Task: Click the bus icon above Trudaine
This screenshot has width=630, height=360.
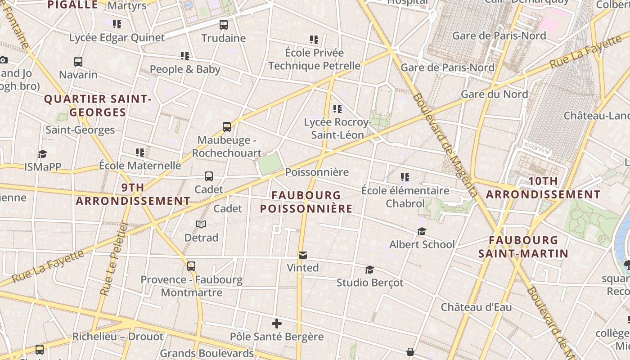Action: point(224,25)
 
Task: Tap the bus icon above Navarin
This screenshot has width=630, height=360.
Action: point(78,61)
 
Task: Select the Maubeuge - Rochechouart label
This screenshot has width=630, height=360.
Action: point(226,147)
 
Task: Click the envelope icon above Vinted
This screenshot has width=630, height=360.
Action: point(303,255)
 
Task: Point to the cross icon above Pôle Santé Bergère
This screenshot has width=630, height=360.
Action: point(277,324)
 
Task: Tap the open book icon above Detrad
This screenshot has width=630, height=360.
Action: point(201,224)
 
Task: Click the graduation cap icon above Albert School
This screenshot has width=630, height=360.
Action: point(422,231)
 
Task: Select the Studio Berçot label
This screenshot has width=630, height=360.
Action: point(370,283)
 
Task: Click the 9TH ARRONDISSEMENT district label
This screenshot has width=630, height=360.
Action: point(133,194)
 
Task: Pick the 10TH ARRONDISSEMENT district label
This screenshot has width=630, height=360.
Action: point(543,188)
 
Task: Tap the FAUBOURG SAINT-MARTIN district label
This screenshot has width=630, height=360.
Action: point(523,247)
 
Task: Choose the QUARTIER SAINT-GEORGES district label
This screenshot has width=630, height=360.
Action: point(97,105)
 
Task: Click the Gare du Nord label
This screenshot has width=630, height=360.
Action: point(494,94)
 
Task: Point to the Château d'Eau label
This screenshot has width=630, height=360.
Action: point(476,307)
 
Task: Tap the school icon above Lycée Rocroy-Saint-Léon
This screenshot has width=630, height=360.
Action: point(337,109)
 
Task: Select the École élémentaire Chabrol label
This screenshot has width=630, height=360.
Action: point(405,197)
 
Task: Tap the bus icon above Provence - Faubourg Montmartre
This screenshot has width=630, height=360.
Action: point(191,266)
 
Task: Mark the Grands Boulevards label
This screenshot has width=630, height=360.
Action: point(207,353)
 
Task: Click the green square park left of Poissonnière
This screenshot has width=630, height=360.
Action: point(270,163)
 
